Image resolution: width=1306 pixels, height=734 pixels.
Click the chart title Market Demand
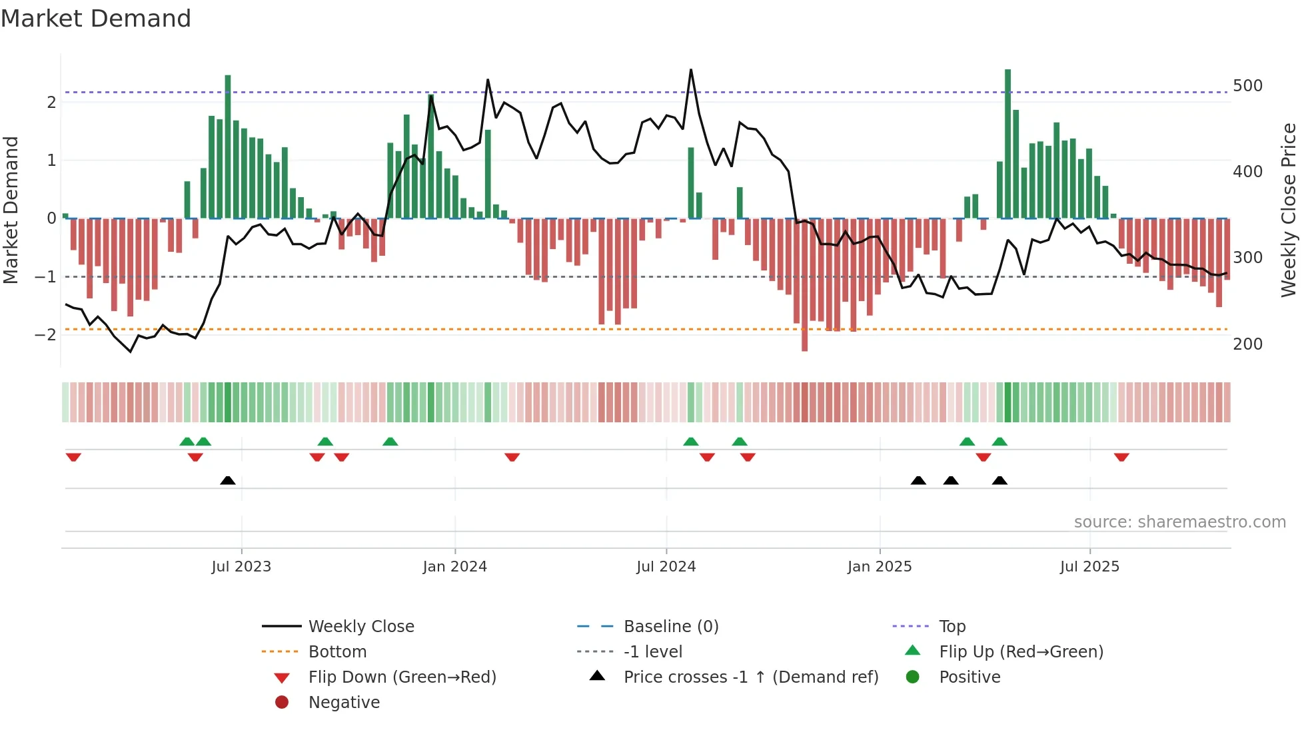(x=96, y=19)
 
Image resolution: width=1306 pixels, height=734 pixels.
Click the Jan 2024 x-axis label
(x=454, y=567)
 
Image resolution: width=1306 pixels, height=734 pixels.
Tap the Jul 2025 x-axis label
(x=1089, y=567)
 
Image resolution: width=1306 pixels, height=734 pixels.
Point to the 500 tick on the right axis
(x=1247, y=86)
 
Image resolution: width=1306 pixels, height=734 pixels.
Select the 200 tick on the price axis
(x=1247, y=344)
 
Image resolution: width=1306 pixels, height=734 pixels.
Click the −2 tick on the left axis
(x=45, y=334)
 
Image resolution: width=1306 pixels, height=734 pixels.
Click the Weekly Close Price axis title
(x=1289, y=210)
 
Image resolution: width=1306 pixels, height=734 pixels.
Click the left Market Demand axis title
(x=11, y=210)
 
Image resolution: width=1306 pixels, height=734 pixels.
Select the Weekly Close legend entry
(x=360, y=627)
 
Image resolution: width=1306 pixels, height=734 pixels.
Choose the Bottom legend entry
(x=337, y=652)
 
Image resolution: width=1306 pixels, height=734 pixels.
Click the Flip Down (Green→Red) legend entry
(x=402, y=677)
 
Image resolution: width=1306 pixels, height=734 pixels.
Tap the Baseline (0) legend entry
(x=670, y=627)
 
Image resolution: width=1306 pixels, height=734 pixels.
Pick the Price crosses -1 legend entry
(x=750, y=677)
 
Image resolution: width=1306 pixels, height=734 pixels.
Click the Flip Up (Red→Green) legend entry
(x=1021, y=652)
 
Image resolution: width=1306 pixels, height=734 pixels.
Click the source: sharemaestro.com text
(x=1179, y=522)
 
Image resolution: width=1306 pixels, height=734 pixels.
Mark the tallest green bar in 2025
(x=1007, y=143)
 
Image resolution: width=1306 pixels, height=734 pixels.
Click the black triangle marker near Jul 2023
(x=228, y=480)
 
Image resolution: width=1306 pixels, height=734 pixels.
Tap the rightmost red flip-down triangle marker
(x=1121, y=457)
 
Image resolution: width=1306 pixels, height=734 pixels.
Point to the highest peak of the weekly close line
(x=691, y=69)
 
